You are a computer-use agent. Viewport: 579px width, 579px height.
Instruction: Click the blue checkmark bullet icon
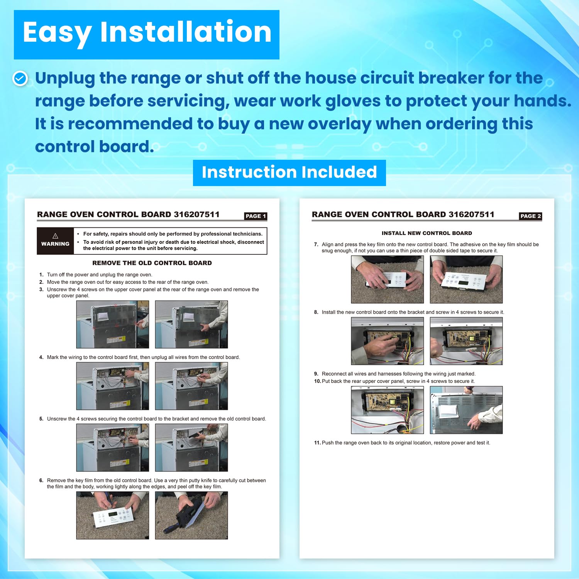[20, 78]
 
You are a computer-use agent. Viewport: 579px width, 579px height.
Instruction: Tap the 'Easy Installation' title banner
[147, 35]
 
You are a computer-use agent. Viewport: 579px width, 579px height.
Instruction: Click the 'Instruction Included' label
[289, 173]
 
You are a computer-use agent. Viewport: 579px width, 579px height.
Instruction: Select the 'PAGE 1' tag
[256, 216]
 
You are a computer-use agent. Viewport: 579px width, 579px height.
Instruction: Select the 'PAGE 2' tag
[530, 216]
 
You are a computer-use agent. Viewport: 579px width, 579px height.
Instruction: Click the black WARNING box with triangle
[55, 241]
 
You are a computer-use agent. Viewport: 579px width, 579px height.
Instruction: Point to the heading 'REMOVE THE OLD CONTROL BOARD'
[152, 263]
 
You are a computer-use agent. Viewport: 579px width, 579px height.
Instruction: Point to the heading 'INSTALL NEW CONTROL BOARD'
[427, 233]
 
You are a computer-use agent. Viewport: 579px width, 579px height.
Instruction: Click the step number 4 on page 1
[41, 357]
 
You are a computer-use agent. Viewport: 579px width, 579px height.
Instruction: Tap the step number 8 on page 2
[316, 312]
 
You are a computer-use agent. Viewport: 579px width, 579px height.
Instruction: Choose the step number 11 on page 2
[317, 443]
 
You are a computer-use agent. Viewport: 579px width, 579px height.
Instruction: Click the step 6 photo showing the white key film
[113, 515]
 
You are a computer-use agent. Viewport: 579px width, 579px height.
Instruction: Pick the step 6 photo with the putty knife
[191, 515]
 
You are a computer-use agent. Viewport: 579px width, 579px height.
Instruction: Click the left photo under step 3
[113, 325]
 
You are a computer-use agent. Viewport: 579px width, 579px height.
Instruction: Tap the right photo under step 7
[466, 279]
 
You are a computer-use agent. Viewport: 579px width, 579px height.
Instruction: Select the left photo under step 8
[388, 341]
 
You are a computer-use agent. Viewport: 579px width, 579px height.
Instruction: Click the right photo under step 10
[466, 410]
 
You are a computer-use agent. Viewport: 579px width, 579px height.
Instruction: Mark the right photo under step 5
[191, 448]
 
